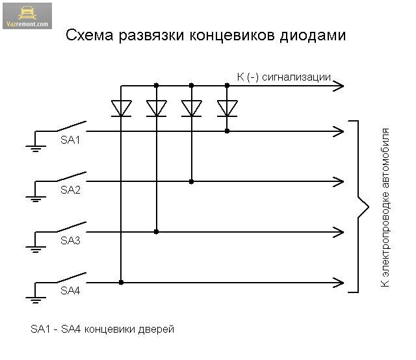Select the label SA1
pyautogui.click(x=70, y=140)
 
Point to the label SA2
pyautogui.click(x=70, y=190)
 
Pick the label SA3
pyautogui.click(x=70, y=240)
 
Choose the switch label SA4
pyautogui.click(x=70, y=290)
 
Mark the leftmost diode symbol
pyautogui.click(x=121, y=108)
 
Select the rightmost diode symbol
pyautogui.click(x=227, y=108)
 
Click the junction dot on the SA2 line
pyautogui.click(x=191, y=181)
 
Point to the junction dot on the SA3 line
pyautogui.click(x=156, y=231)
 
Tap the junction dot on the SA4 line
pyautogui.click(x=121, y=282)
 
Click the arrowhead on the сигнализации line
pyautogui.click(x=338, y=85)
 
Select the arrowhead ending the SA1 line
pyautogui.click(x=338, y=131)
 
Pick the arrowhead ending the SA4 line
pyautogui.click(x=338, y=282)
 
